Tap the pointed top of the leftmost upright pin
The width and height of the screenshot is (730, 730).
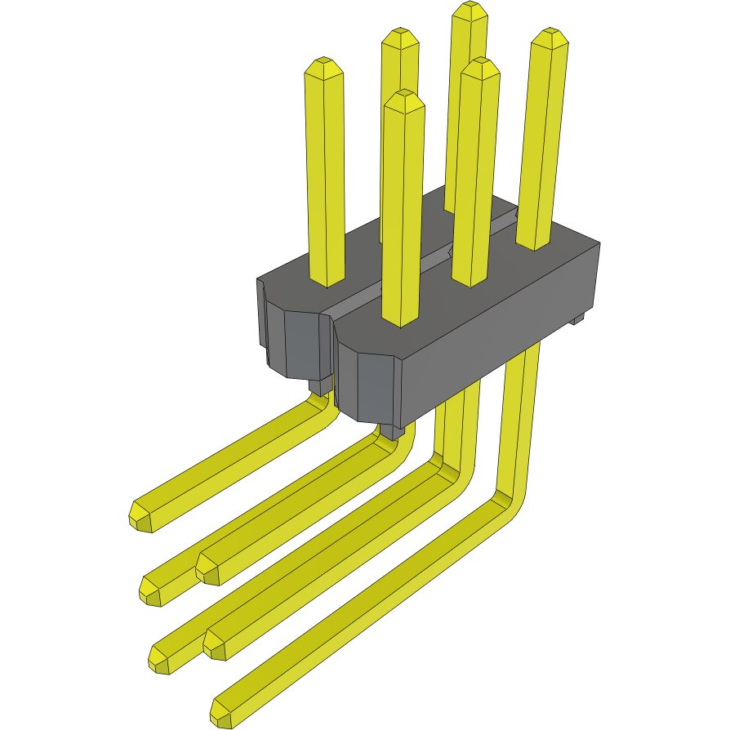(323, 64)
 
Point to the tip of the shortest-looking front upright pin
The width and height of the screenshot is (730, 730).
(404, 96)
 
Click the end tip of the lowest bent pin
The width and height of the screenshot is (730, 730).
(221, 714)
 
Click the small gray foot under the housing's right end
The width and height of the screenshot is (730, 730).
(578, 319)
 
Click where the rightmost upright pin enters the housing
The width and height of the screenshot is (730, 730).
(534, 243)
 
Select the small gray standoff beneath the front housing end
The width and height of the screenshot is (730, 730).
(393, 431)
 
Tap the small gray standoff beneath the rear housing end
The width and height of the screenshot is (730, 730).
(321, 386)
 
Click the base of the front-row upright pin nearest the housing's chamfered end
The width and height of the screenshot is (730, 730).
(401, 321)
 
